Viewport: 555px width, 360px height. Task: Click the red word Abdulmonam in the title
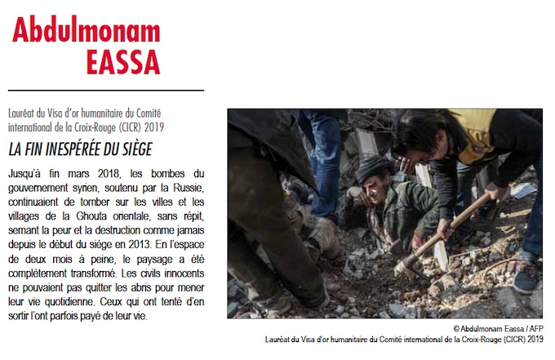(87, 30)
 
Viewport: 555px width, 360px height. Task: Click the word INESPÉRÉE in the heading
(76, 150)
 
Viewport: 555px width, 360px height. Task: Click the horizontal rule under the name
(106, 90)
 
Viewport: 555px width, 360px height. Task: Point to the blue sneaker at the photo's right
(527, 273)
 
